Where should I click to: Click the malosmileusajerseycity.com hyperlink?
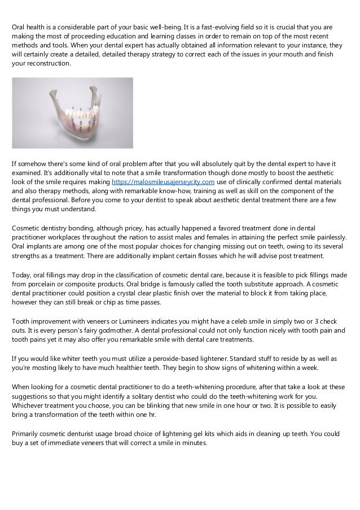coord(164,182)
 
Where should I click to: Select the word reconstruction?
coord(48,63)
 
